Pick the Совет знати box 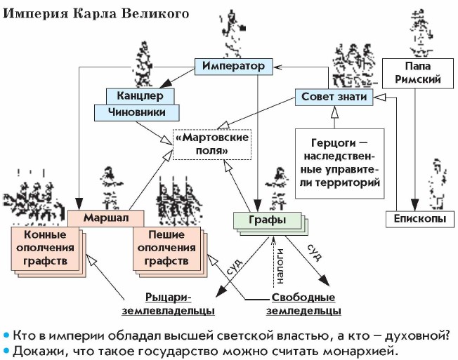click(x=333, y=97)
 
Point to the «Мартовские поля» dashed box click(x=211, y=144)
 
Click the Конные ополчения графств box click(x=46, y=249)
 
